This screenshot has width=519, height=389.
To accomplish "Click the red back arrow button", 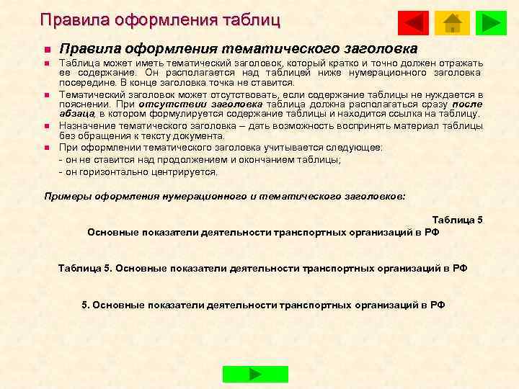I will (412, 23).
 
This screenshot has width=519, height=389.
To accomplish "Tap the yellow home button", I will (452, 23).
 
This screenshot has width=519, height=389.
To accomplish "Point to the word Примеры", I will (67, 195).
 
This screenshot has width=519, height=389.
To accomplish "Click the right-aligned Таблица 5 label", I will (457, 219).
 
